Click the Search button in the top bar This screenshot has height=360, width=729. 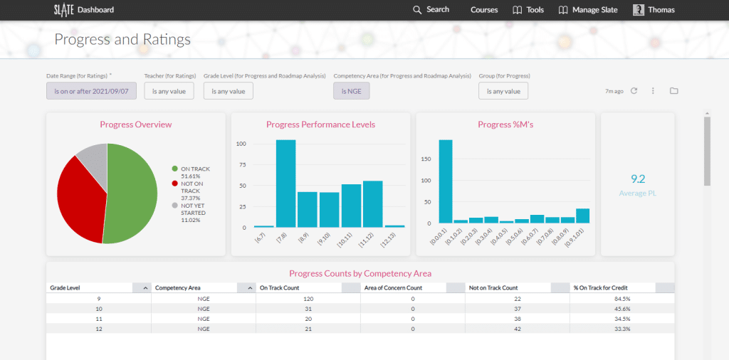431,10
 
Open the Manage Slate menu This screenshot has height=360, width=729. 588,10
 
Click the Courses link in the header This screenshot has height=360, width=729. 484,10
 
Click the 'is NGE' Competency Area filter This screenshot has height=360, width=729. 351,91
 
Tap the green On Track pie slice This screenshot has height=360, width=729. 132,192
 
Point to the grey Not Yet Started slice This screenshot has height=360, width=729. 93,158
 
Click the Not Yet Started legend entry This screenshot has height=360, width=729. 192,213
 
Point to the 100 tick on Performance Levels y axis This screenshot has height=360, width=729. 241,144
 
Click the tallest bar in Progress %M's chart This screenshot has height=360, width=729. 446,181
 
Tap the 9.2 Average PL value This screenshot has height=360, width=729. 637,179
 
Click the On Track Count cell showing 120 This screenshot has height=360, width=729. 308,299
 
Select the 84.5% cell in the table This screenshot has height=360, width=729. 622,299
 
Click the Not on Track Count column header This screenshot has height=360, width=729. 493,287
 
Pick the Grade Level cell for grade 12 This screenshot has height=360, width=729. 98,329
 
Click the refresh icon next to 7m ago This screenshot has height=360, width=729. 634,91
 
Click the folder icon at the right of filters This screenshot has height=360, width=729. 673,91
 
